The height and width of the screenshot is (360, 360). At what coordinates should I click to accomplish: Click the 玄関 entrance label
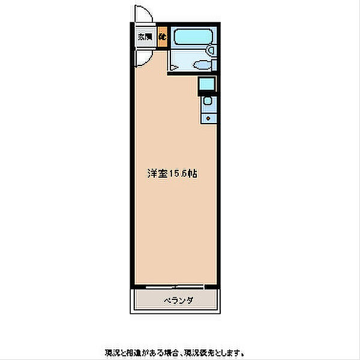(x=145, y=37)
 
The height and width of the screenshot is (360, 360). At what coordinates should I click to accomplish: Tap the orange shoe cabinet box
(x=163, y=37)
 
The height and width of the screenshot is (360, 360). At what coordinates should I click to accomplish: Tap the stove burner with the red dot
(x=208, y=118)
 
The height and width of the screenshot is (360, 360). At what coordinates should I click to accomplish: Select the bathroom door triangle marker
(x=173, y=70)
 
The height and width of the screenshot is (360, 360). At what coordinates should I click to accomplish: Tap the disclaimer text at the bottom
(x=174, y=352)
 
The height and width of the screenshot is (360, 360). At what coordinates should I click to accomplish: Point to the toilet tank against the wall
(x=212, y=66)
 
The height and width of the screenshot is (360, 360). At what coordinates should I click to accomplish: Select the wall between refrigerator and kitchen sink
(x=206, y=94)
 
